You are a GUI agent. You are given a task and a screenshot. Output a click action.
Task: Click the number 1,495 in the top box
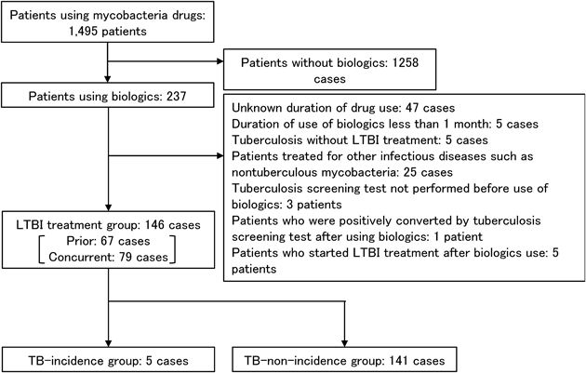(x=84, y=32)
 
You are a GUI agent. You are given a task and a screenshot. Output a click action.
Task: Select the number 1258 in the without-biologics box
(x=406, y=62)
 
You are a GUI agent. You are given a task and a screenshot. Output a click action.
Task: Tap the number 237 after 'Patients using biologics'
(x=176, y=97)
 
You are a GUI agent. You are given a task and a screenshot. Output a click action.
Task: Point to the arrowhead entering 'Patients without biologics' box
(x=220, y=61)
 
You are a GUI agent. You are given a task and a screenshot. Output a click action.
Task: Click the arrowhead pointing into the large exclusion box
(x=220, y=156)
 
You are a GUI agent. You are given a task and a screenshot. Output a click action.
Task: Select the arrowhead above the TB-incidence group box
(x=109, y=343)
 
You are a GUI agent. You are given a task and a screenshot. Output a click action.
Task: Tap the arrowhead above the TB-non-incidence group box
(x=344, y=343)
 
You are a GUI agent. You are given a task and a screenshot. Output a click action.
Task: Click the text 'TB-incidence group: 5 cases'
(x=109, y=361)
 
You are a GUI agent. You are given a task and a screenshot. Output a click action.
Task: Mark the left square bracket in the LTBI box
(x=41, y=249)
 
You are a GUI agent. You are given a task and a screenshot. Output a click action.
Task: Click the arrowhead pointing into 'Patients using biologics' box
(x=108, y=79)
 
